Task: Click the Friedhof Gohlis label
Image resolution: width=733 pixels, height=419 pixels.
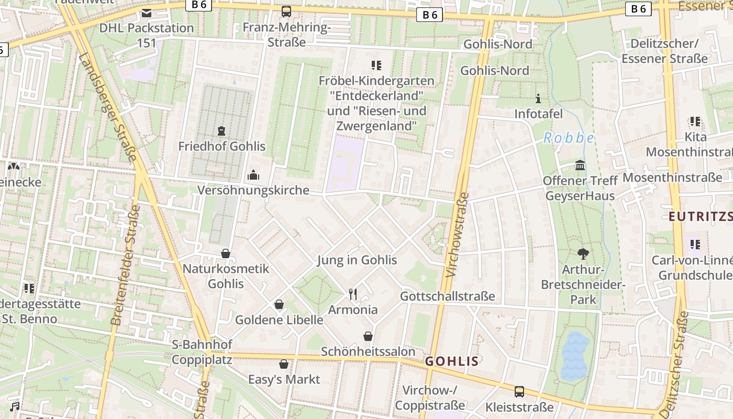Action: [222, 146]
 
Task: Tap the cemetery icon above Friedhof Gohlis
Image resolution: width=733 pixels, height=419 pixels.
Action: [221, 130]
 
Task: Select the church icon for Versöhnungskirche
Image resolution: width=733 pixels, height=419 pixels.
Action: [253, 175]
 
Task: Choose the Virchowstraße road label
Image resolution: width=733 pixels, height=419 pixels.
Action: [457, 235]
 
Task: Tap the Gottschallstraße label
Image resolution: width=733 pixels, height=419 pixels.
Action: [447, 296]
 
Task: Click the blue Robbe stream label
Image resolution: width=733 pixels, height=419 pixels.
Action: [569, 138]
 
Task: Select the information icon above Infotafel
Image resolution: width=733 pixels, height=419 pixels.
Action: [538, 98]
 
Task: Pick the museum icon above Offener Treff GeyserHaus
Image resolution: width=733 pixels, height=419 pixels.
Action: [580, 166]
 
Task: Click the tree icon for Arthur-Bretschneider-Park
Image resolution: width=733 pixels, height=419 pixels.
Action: [583, 254]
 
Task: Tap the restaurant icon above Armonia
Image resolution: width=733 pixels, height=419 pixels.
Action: [353, 294]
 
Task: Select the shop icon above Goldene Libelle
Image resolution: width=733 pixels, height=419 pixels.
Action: [279, 304]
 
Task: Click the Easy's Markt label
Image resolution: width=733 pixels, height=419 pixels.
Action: [284, 379]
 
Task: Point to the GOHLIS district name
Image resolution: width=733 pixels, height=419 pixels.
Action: [452, 361]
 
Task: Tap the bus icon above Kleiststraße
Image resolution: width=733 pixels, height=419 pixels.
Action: [519, 392]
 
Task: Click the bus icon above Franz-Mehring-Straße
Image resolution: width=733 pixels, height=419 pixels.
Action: [286, 12]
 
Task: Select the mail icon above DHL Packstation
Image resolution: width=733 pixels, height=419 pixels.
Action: [147, 13]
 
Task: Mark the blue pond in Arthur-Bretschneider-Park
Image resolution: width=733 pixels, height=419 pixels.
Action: [575, 356]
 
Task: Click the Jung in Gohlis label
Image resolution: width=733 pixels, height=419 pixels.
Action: [357, 260]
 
